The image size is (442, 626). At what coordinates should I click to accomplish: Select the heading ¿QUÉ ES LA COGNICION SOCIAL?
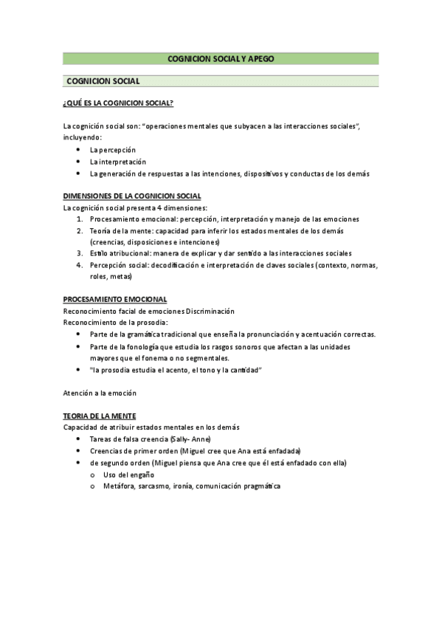[x=118, y=102]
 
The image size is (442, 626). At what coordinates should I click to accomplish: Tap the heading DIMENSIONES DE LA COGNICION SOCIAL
[x=132, y=196]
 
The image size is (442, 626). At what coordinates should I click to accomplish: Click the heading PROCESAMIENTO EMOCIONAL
[x=115, y=299]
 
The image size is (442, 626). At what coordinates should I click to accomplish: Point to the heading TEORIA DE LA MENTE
[x=100, y=416]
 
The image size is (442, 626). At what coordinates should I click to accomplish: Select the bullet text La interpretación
[x=118, y=162]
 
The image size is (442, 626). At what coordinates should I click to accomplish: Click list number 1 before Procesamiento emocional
[x=80, y=219]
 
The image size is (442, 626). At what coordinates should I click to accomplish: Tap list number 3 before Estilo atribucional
[x=80, y=253]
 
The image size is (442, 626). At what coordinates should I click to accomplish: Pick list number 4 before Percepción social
[x=80, y=265]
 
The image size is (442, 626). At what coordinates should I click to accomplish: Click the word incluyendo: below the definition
[x=83, y=137]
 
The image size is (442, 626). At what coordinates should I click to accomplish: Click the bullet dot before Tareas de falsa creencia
[x=78, y=439]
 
